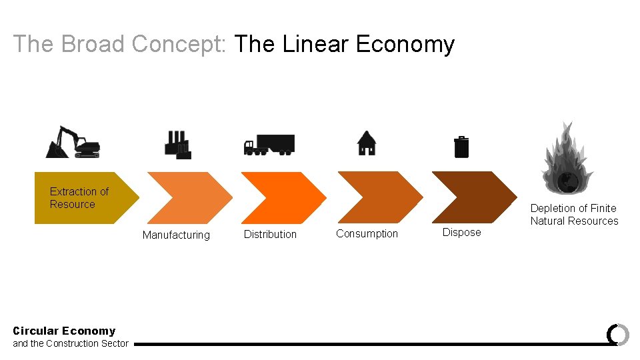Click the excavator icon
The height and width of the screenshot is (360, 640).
(73, 142)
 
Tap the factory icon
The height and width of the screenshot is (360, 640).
(177, 144)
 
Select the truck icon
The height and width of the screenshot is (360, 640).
(269, 144)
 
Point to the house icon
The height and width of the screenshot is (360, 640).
(366, 143)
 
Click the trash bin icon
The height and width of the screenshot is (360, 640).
(461, 147)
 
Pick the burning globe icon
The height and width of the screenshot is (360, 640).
(567, 159)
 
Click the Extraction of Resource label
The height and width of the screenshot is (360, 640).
(79, 198)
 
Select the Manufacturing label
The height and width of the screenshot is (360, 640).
(176, 235)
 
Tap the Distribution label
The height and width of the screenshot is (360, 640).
(270, 234)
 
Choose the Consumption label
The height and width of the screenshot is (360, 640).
(367, 233)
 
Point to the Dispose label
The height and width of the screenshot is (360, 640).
(461, 232)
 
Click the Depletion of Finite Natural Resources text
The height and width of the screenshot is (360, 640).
(574, 215)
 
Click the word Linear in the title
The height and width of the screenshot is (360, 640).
(316, 44)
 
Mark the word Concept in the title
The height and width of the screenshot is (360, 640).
(180, 44)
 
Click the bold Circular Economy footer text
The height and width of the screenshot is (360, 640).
(64, 331)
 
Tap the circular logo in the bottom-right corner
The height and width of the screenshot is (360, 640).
(618, 334)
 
